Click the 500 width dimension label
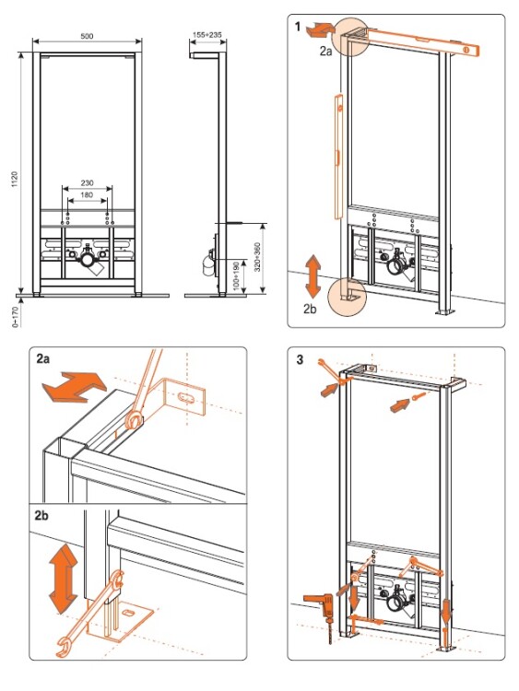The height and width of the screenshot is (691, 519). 87,36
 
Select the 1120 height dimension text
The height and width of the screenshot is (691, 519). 15,180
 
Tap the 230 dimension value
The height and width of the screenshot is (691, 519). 87,183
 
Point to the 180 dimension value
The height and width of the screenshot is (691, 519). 87,194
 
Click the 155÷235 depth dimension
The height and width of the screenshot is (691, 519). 207,34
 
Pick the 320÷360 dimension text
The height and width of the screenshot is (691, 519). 257,257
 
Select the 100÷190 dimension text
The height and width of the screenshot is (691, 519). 236,275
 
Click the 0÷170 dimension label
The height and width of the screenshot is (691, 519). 16,317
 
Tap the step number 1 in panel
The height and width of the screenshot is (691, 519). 298,27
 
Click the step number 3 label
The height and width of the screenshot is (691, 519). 300,359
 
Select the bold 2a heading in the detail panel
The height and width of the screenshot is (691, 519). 43,358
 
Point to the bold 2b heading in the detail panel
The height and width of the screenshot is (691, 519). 41,516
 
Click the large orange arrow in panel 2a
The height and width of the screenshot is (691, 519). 74,386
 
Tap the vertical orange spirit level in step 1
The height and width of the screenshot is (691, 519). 337,157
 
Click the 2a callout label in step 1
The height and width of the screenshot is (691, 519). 325,51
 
